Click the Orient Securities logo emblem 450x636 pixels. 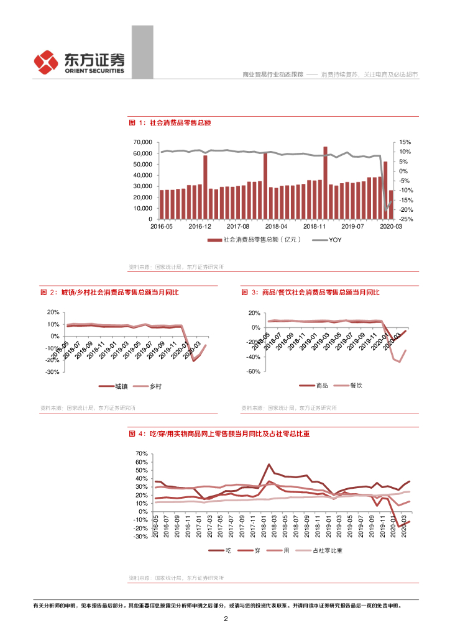point(46,61)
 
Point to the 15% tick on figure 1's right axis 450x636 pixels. point(405,142)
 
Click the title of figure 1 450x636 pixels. point(170,123)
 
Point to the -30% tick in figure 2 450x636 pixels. point(52,371)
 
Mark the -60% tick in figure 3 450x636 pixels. point(253,371)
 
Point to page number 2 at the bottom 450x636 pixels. point(226,619)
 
